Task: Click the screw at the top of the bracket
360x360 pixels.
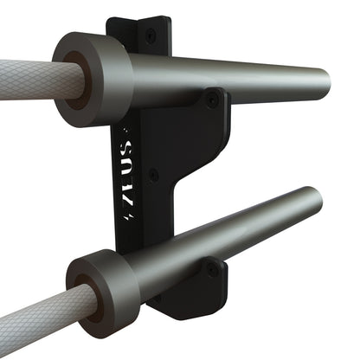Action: [151, 35]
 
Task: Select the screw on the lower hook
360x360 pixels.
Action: [213, 270]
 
